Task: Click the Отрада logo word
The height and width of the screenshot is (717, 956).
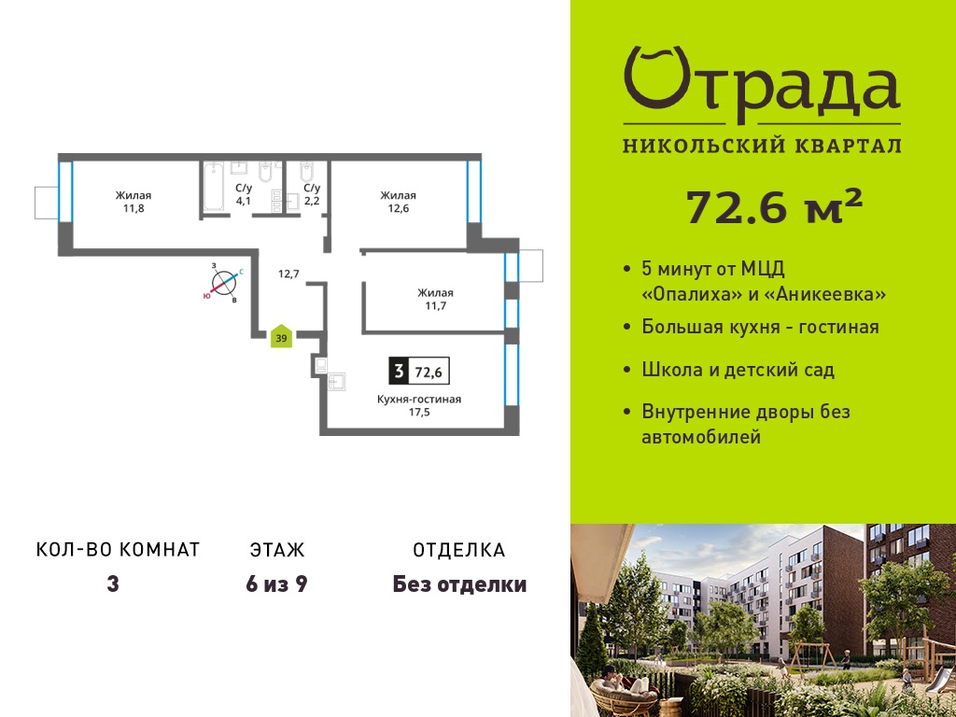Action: pos(762,85)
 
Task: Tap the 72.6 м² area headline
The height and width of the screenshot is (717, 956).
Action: pos(774,206)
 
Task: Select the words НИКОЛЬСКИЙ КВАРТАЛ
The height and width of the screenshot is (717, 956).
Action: pos(762,146)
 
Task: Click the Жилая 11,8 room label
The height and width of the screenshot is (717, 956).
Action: pos(134,202)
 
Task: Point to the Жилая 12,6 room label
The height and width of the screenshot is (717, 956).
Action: pos(398,202)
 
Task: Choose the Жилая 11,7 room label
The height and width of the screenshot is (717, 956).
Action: pos(435,300)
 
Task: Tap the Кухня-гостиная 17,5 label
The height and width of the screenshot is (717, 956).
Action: pos(419,405)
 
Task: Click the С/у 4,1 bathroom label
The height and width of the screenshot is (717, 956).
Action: pos(244,194)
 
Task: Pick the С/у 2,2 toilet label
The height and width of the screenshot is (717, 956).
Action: pos(312,194)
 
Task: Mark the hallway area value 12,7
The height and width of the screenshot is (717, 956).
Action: pos(288,274)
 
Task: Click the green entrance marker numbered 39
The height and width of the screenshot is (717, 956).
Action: pos(282,336)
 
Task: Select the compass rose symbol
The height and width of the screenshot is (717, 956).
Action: pos(224,283)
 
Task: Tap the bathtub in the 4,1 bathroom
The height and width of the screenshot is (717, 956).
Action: pos(214,186)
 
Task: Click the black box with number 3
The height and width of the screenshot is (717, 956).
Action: pos(399,371)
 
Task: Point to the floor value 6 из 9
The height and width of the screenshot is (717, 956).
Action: pos(276,584)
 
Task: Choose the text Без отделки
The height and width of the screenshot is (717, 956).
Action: pos(459,584)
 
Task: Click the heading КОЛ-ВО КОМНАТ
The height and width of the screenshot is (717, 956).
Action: pos(119,550)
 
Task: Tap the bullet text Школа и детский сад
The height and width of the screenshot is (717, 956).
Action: pos(738,370)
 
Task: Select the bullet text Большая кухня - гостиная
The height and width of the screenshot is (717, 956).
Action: pos(760,327)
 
